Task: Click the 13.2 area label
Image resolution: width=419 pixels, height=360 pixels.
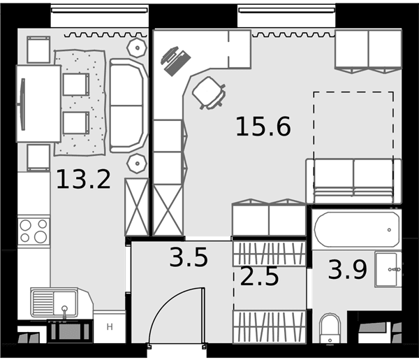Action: pos(83,179)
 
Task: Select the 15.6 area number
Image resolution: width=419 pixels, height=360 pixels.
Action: pos(263,127)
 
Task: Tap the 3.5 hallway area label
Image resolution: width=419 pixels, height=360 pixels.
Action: pos(189,257)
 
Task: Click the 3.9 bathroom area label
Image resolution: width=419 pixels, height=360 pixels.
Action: pos(348,270)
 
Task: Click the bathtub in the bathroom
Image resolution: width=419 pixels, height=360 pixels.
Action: pos(357,229)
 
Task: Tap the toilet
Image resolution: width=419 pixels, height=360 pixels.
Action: pos(330,328)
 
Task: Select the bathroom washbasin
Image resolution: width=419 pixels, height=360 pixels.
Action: pos(388,269)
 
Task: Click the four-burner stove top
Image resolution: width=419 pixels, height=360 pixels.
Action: pos(34,231)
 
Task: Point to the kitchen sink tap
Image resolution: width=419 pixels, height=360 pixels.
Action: pos(64,312)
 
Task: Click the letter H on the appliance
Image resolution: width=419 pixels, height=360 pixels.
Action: pos(110,327)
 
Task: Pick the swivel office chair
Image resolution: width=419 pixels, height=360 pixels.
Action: pos(209,93)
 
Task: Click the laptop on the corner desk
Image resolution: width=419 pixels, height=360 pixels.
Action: pos(175,61)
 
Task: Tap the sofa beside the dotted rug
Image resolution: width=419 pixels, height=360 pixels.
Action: pos(128,106)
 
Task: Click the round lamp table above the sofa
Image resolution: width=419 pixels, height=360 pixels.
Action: pos(137,48)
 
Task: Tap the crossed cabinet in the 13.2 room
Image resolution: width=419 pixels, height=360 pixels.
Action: pos(137,207)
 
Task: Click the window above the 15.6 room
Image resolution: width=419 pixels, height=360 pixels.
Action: pos(287,10)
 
